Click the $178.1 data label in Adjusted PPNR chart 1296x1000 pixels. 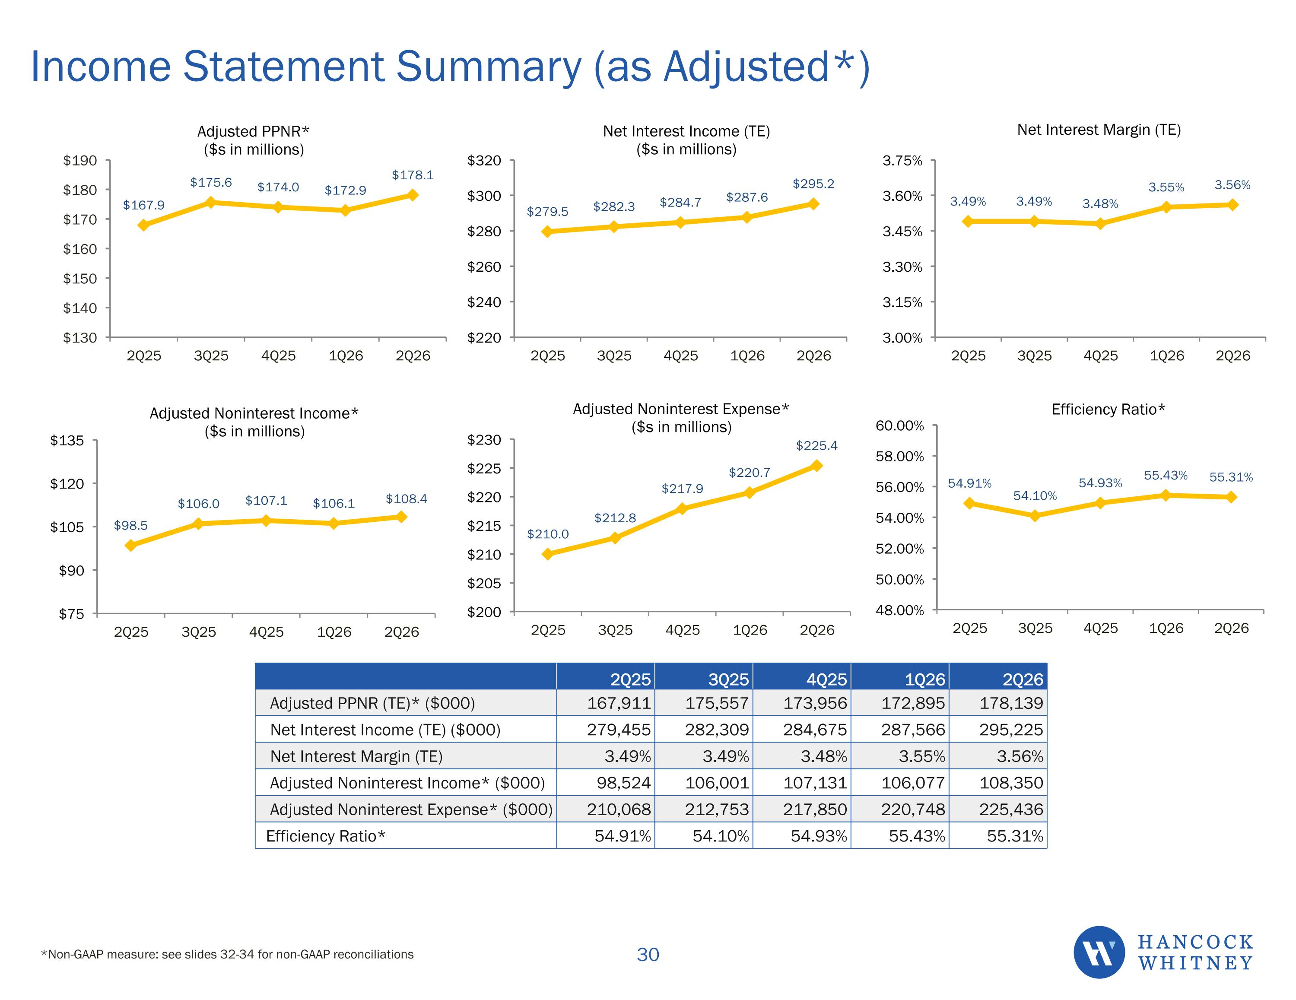coord(413,175)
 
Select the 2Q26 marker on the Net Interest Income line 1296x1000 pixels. coord(813,204)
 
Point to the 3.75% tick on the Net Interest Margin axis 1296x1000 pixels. coord(902,161)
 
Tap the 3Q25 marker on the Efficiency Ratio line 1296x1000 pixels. coord(1035,516)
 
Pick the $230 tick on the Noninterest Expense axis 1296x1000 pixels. coord(484,440)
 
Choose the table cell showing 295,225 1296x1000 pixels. coord(1010,730)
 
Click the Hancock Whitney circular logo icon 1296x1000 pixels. coord(1099,952)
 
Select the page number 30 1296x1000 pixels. coord(648,954)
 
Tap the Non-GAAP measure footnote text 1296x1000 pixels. coord(227,954)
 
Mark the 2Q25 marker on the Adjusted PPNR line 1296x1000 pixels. coord(143,225)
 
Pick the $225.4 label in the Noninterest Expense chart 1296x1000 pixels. coord(816,446)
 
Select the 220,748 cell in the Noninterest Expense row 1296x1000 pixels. coord(913,810)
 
